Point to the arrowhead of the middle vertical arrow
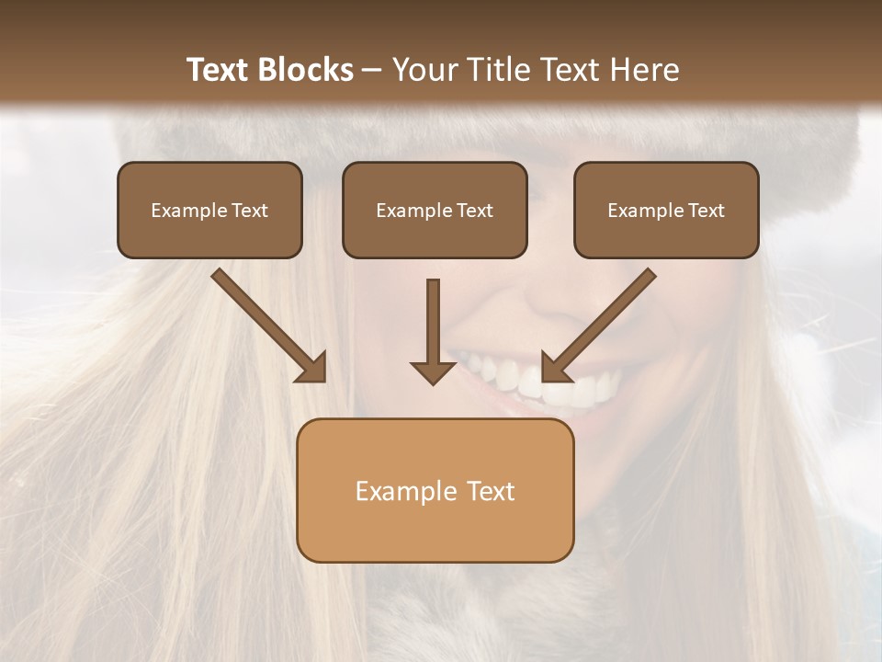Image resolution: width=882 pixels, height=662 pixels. [x=433, y=372]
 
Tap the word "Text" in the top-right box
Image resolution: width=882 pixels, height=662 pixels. [x=706, y=211]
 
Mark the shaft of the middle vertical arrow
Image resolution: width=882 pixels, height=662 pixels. [x=433, y=317]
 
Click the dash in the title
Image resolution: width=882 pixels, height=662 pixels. [x=372, y=70]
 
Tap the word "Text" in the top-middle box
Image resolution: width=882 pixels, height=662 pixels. [x=474, y=211]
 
